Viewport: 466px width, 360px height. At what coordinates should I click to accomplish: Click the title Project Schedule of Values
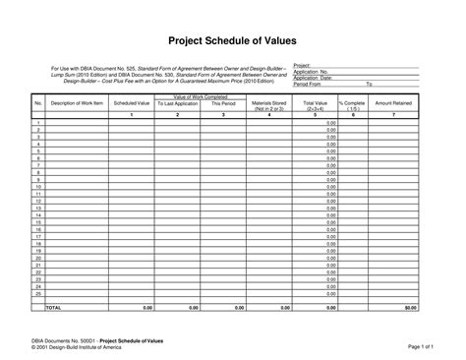(x=233, y=40)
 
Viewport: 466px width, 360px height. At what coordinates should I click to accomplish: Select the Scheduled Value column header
(x=131, y=102)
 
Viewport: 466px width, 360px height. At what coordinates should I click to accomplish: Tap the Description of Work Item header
(x=77, y=102)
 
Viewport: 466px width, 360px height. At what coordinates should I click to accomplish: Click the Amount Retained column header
(x=394, y=102)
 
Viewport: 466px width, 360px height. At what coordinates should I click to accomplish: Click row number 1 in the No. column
(x=37, y=122)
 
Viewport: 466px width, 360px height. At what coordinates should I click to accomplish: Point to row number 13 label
(x=37, y=208)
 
